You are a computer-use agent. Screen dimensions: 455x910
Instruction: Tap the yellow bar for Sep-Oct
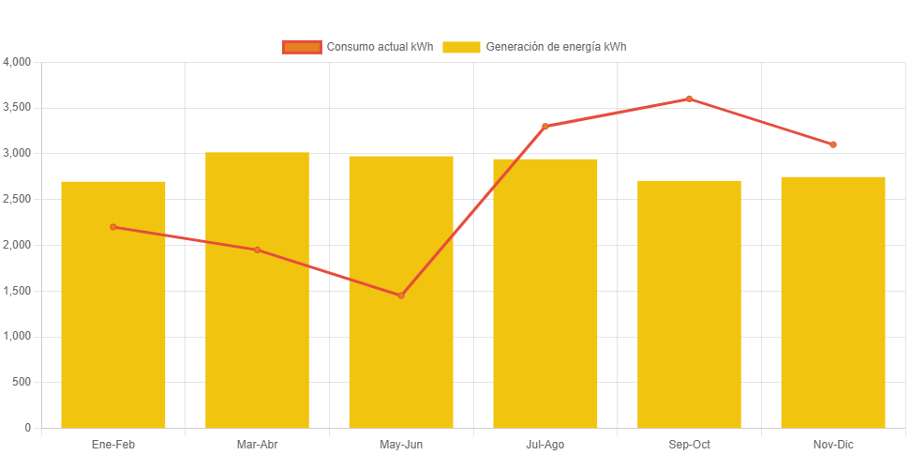coord(689,310)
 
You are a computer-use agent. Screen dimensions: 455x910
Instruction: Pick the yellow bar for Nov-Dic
coord(833,310)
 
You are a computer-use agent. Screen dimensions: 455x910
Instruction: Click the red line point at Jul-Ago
coord(545,127)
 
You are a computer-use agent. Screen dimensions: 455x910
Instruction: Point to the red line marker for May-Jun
coord(401,296)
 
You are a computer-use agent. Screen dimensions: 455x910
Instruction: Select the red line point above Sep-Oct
coord(689,99)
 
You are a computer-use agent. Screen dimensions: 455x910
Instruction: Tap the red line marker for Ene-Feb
coord(113,227)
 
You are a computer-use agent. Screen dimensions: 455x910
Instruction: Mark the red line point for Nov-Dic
coord(833,144)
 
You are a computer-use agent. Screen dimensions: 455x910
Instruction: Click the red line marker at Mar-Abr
coord(257,250)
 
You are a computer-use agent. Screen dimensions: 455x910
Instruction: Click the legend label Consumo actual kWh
coord(379,47)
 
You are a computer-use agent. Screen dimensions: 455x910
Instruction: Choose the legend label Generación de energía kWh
coord(556,47)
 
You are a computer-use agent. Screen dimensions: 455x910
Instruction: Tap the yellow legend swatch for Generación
coord(461,47)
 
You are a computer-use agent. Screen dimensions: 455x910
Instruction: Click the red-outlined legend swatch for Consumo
coord(302,47)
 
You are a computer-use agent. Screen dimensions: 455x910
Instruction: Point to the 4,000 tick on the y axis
coord(18,62)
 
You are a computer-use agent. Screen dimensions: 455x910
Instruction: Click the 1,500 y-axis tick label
coord(18,291)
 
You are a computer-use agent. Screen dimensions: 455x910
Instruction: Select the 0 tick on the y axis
coord(28,428)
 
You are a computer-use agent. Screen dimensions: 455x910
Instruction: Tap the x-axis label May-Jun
coord(401,445)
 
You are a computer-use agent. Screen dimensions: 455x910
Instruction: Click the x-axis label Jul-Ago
coord(545,445)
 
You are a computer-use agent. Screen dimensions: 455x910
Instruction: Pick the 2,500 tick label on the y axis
coord(18,199)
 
